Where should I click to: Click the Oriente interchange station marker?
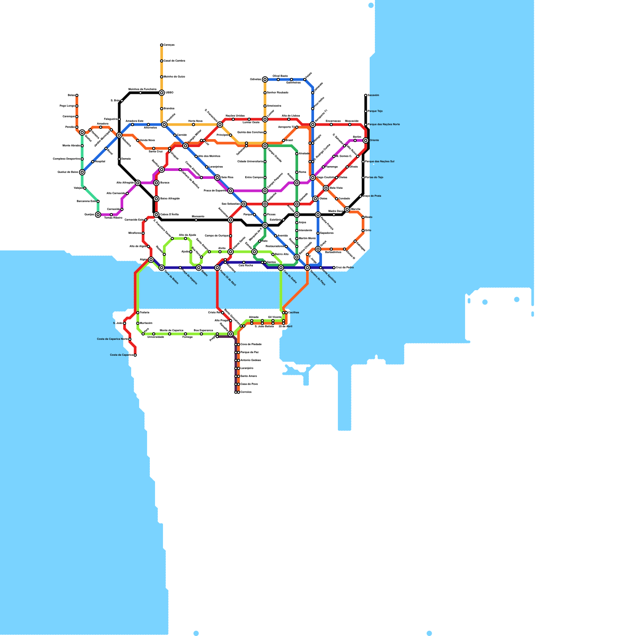pyautogui.click(x=365, y=140)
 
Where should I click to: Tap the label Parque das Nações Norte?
pyautogui.click(x=384, y=124)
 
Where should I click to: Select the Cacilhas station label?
pyautogui.click(x=294, y=312)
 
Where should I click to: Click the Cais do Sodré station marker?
pyautogui.click(x=281, y=268)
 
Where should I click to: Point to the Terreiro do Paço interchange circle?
pyautogui.click(x=307, y=268)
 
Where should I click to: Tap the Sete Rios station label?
pyautogui.click(x=227, y=177)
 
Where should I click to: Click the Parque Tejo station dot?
pyautogui.click(x=366, y=111)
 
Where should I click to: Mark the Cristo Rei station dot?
pyautogui.click(x=223, y=313)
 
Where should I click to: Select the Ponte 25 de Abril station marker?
pyautogui.click(x=217, y=268)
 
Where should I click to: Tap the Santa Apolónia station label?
pyautogui.click(x=330, y=275)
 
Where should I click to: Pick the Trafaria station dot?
pyautogui.click(x=138, y=313)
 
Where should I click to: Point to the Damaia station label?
pyautogui.click(x=126, y=159)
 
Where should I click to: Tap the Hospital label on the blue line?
pyautogui.click(x=100, y=161)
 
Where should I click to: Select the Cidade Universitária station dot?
pyautogui.click(x=265, y=162)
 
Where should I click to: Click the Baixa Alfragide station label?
pyautogui.click(x=170, y=198)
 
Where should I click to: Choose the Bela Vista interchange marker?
pyautogui.click(x=326, y=188)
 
